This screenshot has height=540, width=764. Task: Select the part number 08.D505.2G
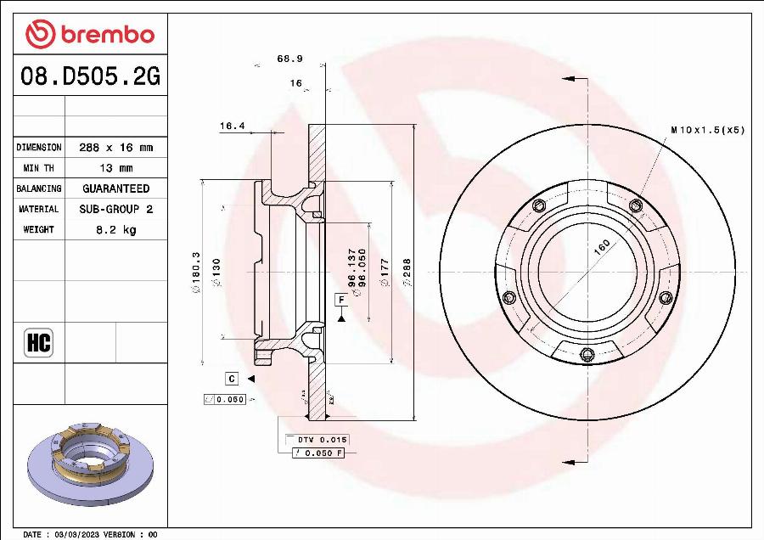tap(90, 78)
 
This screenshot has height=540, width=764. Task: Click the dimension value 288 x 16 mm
tap(115, 148)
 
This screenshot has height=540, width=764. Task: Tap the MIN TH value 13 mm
tap(115, 168)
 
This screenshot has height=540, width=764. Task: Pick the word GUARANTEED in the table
tap(115, 188)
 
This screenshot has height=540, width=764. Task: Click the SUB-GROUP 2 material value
tap(115, 209)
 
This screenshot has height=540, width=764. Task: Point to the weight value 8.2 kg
tap(115, 229)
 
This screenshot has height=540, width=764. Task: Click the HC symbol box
tap(39, 343)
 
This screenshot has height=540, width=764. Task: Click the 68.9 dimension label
tap(289, 59)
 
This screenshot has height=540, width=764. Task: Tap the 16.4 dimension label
tap(232, 126)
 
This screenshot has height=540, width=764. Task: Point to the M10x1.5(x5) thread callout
tap(707, 130)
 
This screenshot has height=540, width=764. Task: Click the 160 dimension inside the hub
tap(602, 247)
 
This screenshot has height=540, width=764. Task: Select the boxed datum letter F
tap(341, 300)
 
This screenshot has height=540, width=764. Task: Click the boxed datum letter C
tap(231, 378)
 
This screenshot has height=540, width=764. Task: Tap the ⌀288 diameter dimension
tap(407, 273)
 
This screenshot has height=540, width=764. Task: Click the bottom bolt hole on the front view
tap(585, 355)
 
